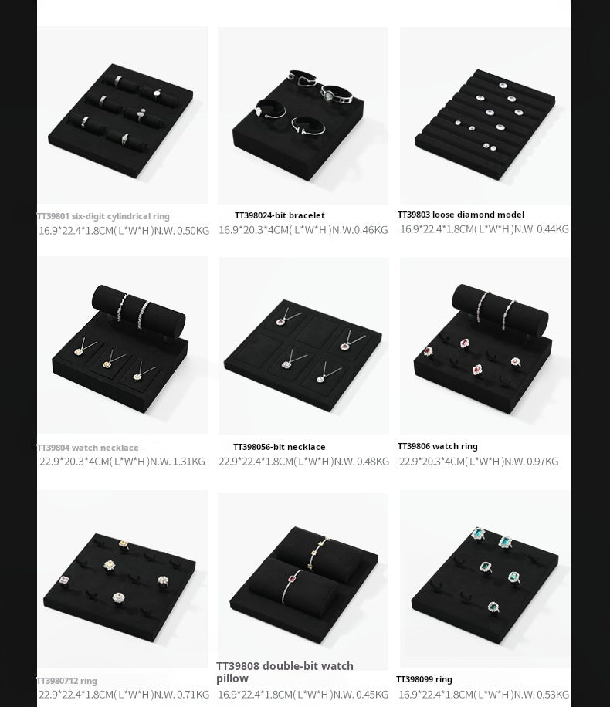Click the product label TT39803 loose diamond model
(461, 215)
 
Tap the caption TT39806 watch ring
(438, 446)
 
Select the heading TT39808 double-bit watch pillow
(285, 671)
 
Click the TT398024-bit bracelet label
(280, 216)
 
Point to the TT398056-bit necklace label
(280, 447)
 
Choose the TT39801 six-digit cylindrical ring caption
(103, 217)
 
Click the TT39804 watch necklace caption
(88, 448)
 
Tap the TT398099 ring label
(424, 679)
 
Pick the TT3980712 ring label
(67, 681)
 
